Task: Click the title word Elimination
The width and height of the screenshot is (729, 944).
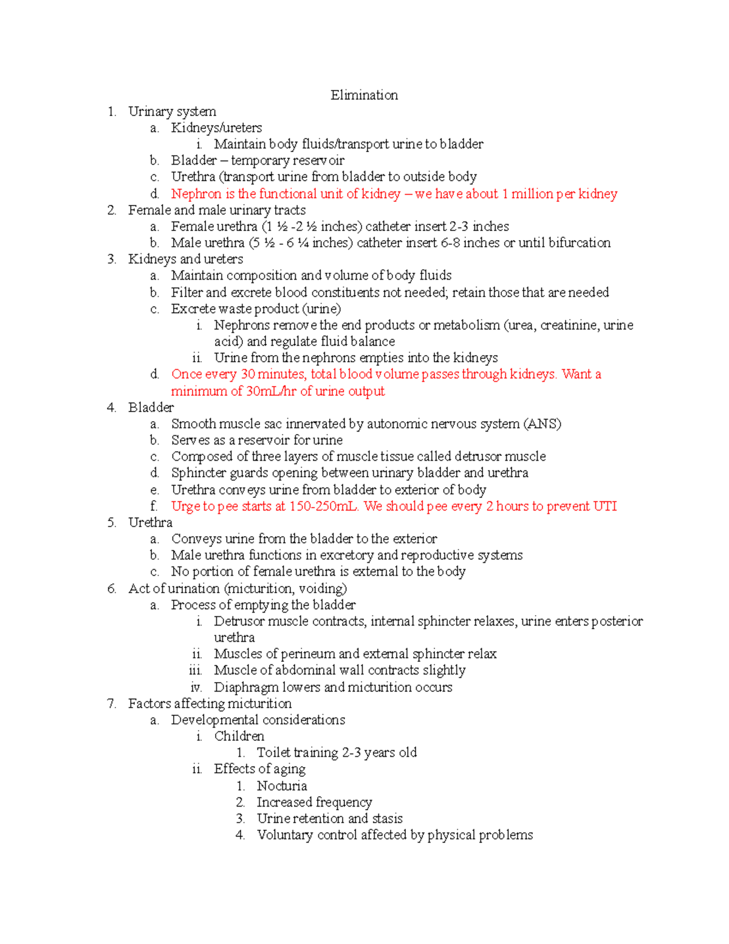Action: coord(364,95)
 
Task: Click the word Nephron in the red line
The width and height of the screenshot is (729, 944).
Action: coord(196,194)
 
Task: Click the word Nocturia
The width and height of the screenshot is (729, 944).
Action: coord(282,786)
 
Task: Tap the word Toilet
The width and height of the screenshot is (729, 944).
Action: coord(273,753)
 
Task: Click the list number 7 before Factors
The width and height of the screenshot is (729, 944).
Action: coord(111,704)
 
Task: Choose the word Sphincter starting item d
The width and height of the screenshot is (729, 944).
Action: coord(198,473)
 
